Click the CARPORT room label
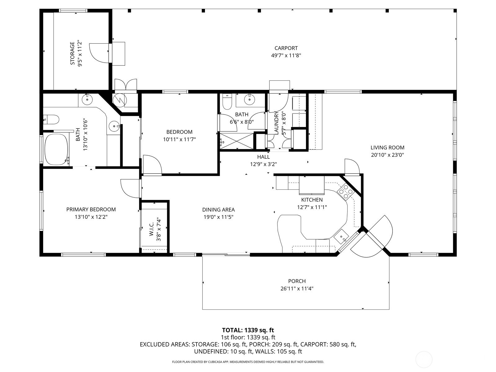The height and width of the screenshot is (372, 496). coord(286,48)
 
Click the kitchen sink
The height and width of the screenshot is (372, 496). coord(341,237)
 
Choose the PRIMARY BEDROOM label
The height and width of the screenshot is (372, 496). coord(91,210)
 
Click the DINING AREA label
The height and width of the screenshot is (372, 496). coord(218,210)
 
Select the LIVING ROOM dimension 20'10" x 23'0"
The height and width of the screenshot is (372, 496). coord(387,155)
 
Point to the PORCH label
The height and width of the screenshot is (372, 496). coord(297,281)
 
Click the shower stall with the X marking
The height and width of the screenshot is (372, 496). coord(237,141)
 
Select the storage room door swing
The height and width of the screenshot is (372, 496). coord(98,53)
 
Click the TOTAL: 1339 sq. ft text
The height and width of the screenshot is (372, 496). coord(248,330)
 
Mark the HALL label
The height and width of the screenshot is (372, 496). coord(263,157)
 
